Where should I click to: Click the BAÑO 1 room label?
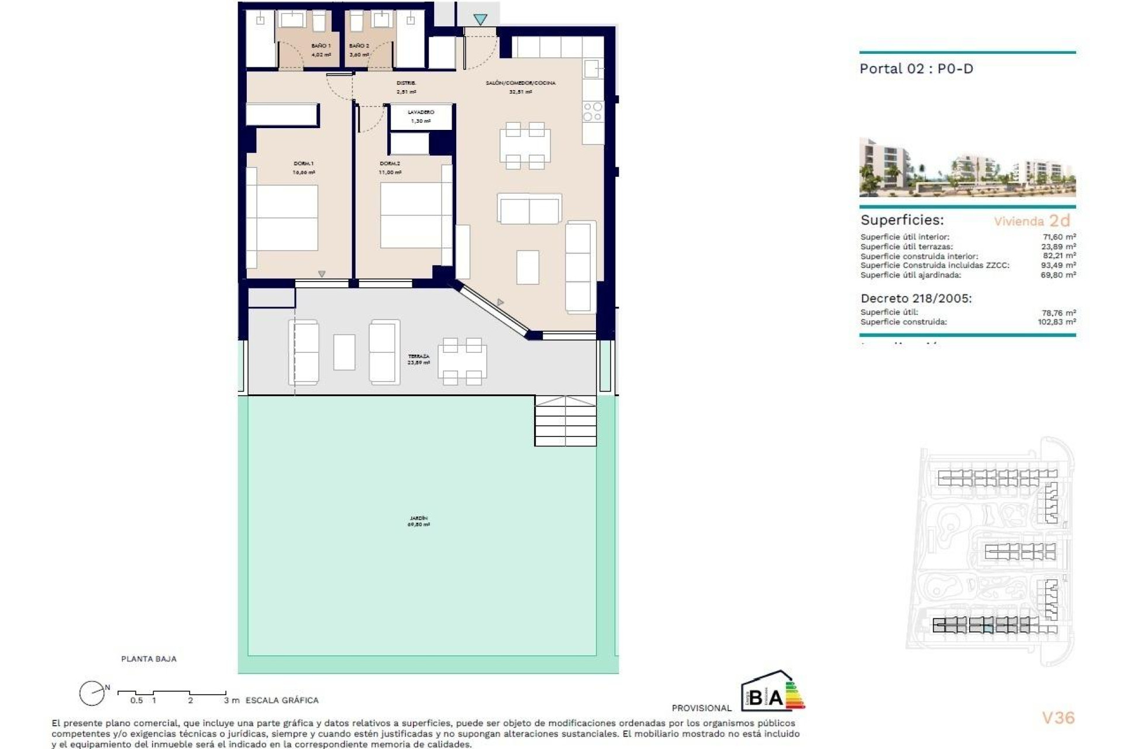tap(321, 46)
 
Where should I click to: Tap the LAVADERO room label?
tap(421, 112)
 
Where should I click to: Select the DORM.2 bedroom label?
tap(390, 164)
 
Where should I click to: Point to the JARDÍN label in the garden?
tap(418, 518)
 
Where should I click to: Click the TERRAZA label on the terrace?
tap(418, 356)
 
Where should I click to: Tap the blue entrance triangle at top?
tap(480, 20)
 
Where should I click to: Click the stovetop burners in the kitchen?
tap(592, 112)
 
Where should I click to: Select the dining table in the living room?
tap(525, 146)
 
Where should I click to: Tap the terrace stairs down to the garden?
tap(565, 421)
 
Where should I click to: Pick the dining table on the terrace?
tap(461, 362)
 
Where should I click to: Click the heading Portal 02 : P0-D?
tap(916, 69)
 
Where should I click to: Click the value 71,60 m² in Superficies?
tap(1059, 237)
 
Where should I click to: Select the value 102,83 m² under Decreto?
tap(1056, 322)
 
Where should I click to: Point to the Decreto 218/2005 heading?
tap(916, 298)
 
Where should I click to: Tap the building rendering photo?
tap(967, 167)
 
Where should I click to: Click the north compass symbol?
tap(92, 693)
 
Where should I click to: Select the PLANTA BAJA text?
tap(149, 659)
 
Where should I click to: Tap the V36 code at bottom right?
tap(1058, 718)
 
